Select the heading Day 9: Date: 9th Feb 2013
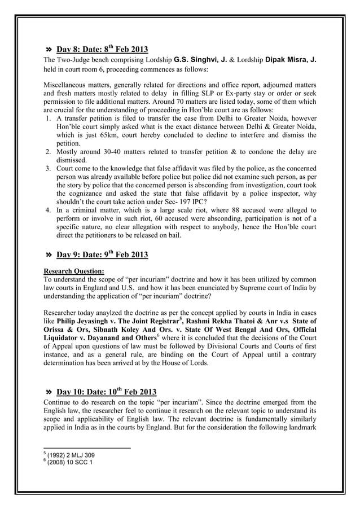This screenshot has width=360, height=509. point(102,254)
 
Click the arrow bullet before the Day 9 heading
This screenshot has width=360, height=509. point(49,255)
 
